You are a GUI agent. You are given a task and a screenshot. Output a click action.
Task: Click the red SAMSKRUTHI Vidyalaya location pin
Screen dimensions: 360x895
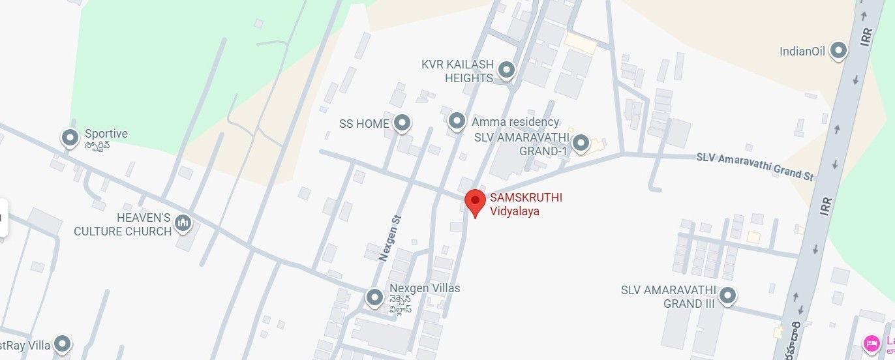tap(475, 202)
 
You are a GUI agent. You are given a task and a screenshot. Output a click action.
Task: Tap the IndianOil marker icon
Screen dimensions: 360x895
tap(838, 51)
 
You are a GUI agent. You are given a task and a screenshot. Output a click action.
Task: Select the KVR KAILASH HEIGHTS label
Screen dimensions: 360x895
tap(457, 71)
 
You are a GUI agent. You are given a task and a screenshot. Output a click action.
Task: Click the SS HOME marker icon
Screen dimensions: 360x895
tap(402, 123)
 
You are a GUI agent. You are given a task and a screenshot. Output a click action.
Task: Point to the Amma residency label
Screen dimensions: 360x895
tap(515, 122)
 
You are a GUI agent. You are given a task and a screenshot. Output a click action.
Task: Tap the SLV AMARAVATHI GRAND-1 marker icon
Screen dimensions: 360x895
tap(581, 143)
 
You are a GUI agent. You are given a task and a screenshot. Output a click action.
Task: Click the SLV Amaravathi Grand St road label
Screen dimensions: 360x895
tap(755, 166)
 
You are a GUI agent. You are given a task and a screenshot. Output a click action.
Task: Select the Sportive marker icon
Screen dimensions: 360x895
tap(70, 138)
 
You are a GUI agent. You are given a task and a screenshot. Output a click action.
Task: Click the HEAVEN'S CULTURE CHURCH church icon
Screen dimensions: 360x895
tap(183, 223)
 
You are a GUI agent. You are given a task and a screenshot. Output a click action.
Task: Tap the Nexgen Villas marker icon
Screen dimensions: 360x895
tap(374, 297)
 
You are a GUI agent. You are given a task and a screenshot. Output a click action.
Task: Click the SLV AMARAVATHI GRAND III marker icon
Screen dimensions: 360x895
tap(728, 295)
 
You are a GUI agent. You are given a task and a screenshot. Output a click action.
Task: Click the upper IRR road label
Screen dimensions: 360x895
tap(866, 37)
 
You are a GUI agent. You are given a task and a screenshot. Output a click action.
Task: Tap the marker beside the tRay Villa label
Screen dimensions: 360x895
tap(62, 343)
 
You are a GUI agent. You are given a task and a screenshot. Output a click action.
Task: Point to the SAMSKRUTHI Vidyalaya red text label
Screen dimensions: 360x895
tap(526, 204)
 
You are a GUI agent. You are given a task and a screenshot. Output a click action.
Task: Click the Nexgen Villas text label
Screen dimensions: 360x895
tap(425, 288)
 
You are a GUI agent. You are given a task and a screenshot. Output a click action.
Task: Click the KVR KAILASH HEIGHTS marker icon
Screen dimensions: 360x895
tap(506, 69)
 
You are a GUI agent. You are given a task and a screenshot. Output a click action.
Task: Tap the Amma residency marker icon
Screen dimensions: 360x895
tap(457, 121)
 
